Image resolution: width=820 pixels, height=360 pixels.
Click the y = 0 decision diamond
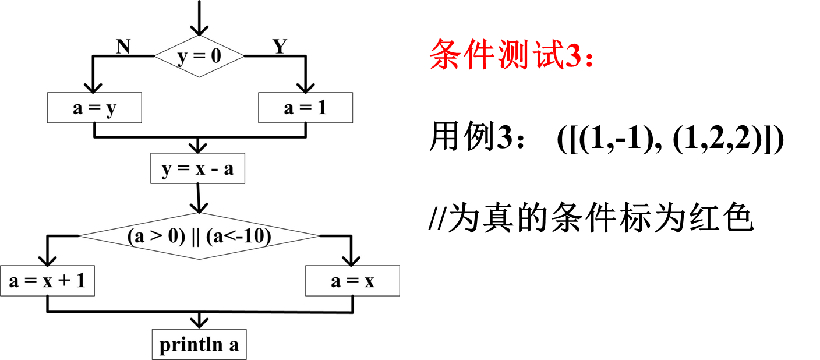pos(199,57)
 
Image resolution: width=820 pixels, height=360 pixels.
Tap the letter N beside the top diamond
pos(123,47)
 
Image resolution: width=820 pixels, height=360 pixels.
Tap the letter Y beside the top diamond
pos(280,47)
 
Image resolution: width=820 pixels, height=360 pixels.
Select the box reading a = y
pos(94,109)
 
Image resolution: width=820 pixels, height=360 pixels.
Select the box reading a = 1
pos(305,109)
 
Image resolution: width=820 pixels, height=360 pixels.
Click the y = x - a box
pos(197,169)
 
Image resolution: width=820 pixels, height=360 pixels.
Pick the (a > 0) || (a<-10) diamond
pos(199,236)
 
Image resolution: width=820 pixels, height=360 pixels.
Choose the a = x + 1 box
pos(47,281)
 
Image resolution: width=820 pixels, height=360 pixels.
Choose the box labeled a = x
pos(352,281)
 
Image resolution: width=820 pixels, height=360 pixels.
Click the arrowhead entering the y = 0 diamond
pos(199,29)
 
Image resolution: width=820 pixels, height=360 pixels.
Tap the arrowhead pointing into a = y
pos(90,87)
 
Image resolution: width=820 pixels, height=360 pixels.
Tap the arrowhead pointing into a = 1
pos(305,87)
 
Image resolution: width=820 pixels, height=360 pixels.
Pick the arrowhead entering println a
pos(199,322)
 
